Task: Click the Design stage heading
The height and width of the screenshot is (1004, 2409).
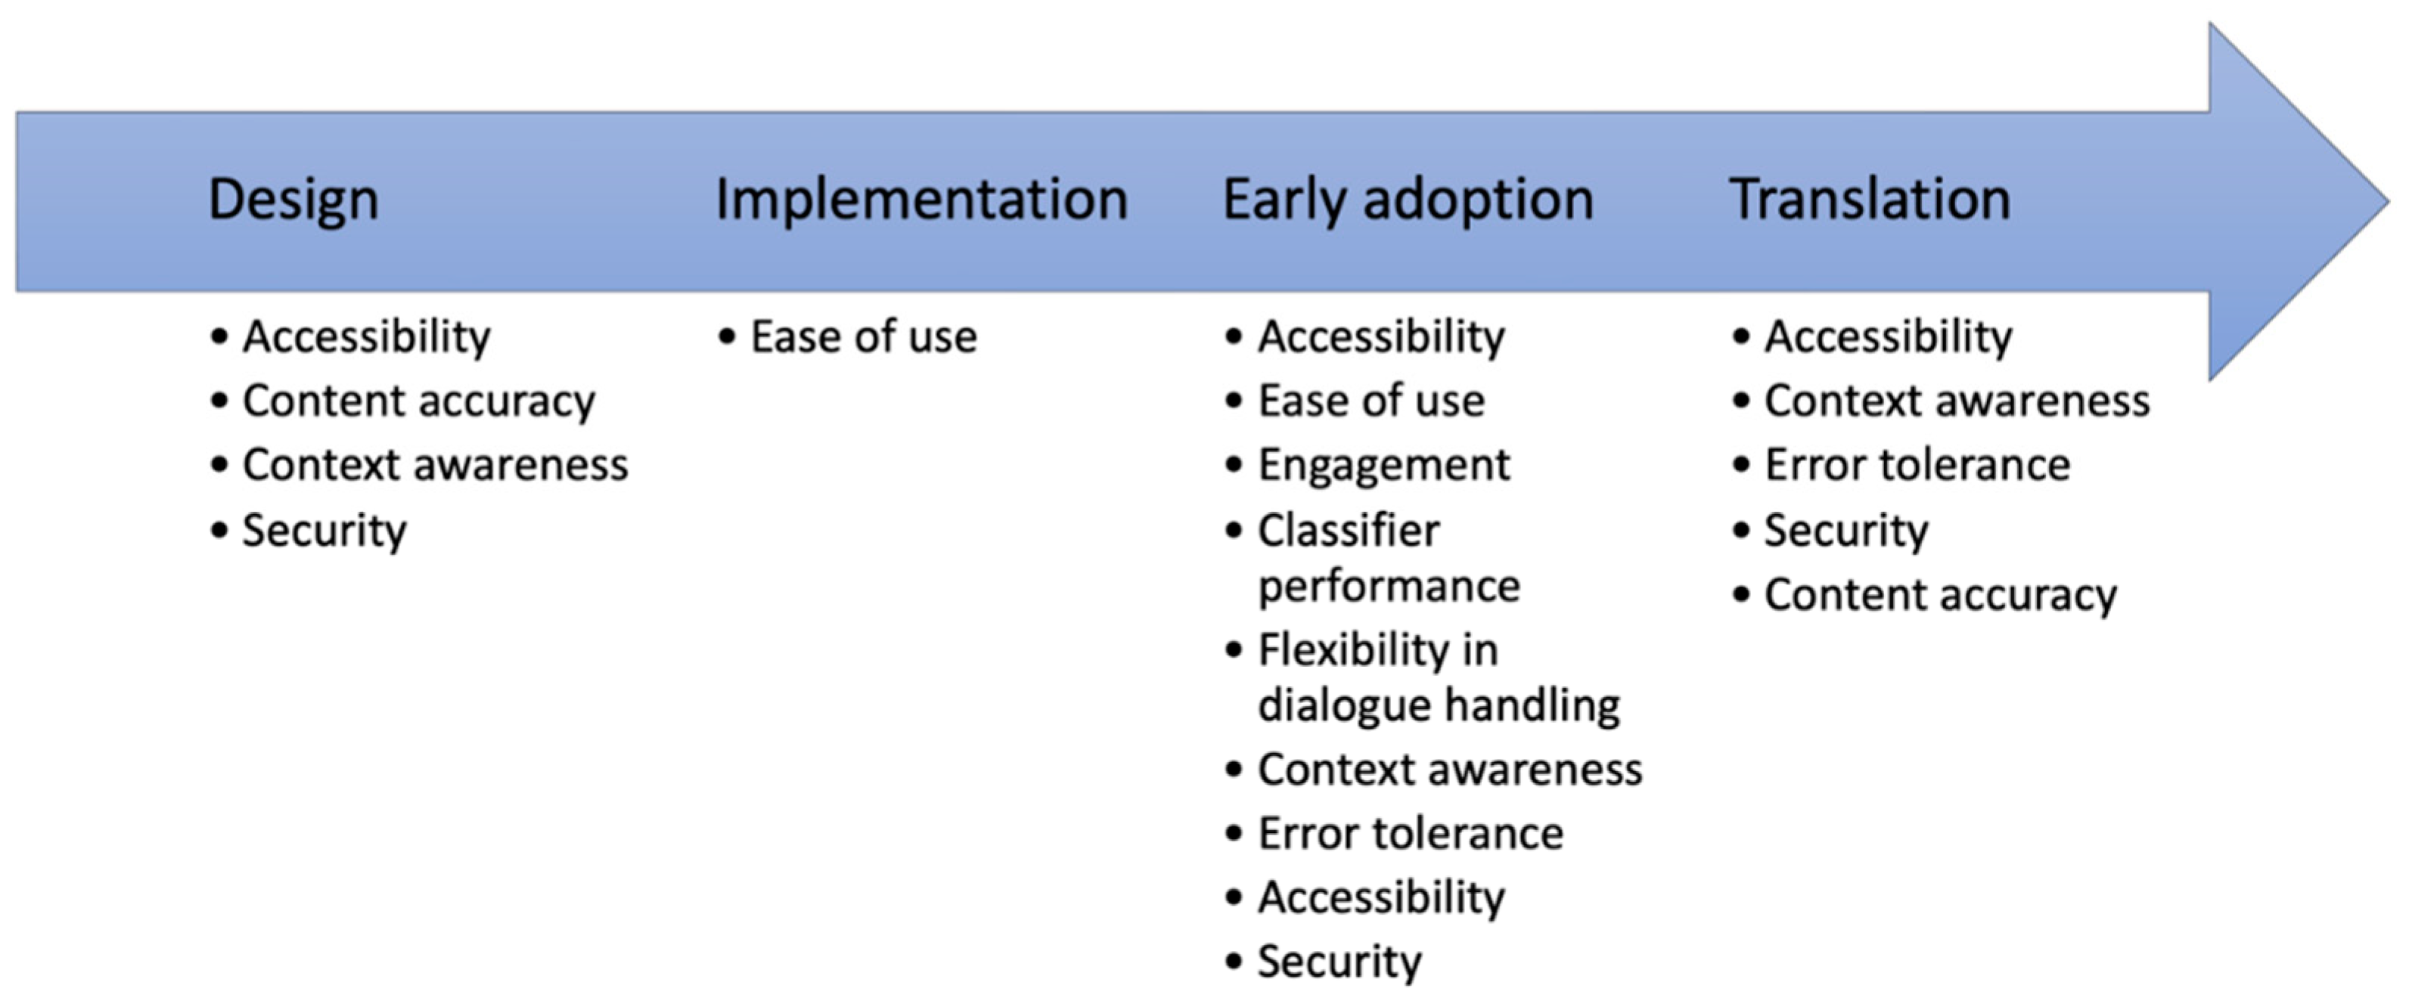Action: pos(293,200)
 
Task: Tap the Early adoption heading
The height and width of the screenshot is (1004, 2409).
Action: pos(1408,200)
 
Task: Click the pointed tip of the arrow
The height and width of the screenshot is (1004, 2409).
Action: pos(2389,201)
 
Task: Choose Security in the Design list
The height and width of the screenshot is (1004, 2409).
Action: pos(324,531)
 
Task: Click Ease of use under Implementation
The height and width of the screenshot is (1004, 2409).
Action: pos(863,336)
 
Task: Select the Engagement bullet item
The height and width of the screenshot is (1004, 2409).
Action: pos(1383,466)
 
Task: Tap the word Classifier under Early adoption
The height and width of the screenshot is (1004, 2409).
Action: pos(1349,530)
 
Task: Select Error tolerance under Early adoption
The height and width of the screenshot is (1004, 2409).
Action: pos(1411,834)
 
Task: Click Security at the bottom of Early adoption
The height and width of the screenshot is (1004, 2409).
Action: pos(1340,962)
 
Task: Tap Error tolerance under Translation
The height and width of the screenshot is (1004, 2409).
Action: pos(1917,466)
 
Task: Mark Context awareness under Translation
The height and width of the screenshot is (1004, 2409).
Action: pos(1957,401)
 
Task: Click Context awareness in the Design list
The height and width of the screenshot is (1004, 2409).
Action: pos(436,466)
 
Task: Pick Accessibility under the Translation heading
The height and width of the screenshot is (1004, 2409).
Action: pos(1888,337)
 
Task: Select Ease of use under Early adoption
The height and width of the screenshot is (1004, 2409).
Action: pos(1371,401)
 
